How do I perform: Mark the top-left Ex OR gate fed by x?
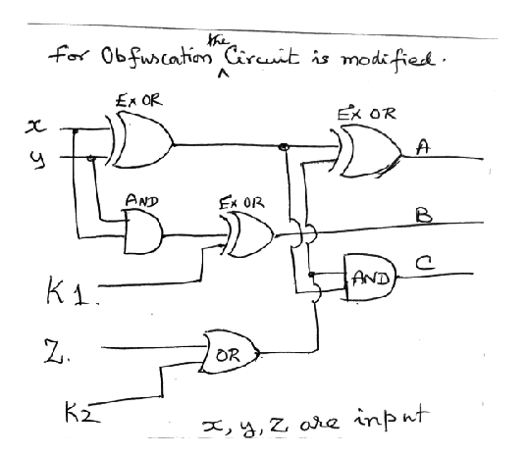(142, 144)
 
